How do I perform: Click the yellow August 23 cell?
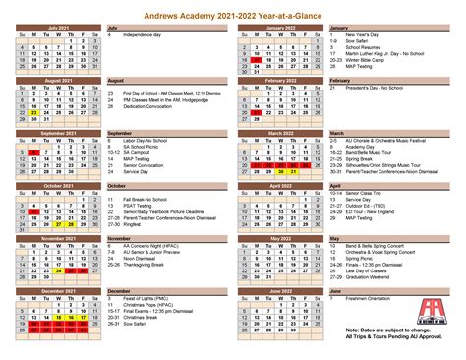[x=33, y=111]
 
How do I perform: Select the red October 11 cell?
[x=33, y=210]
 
